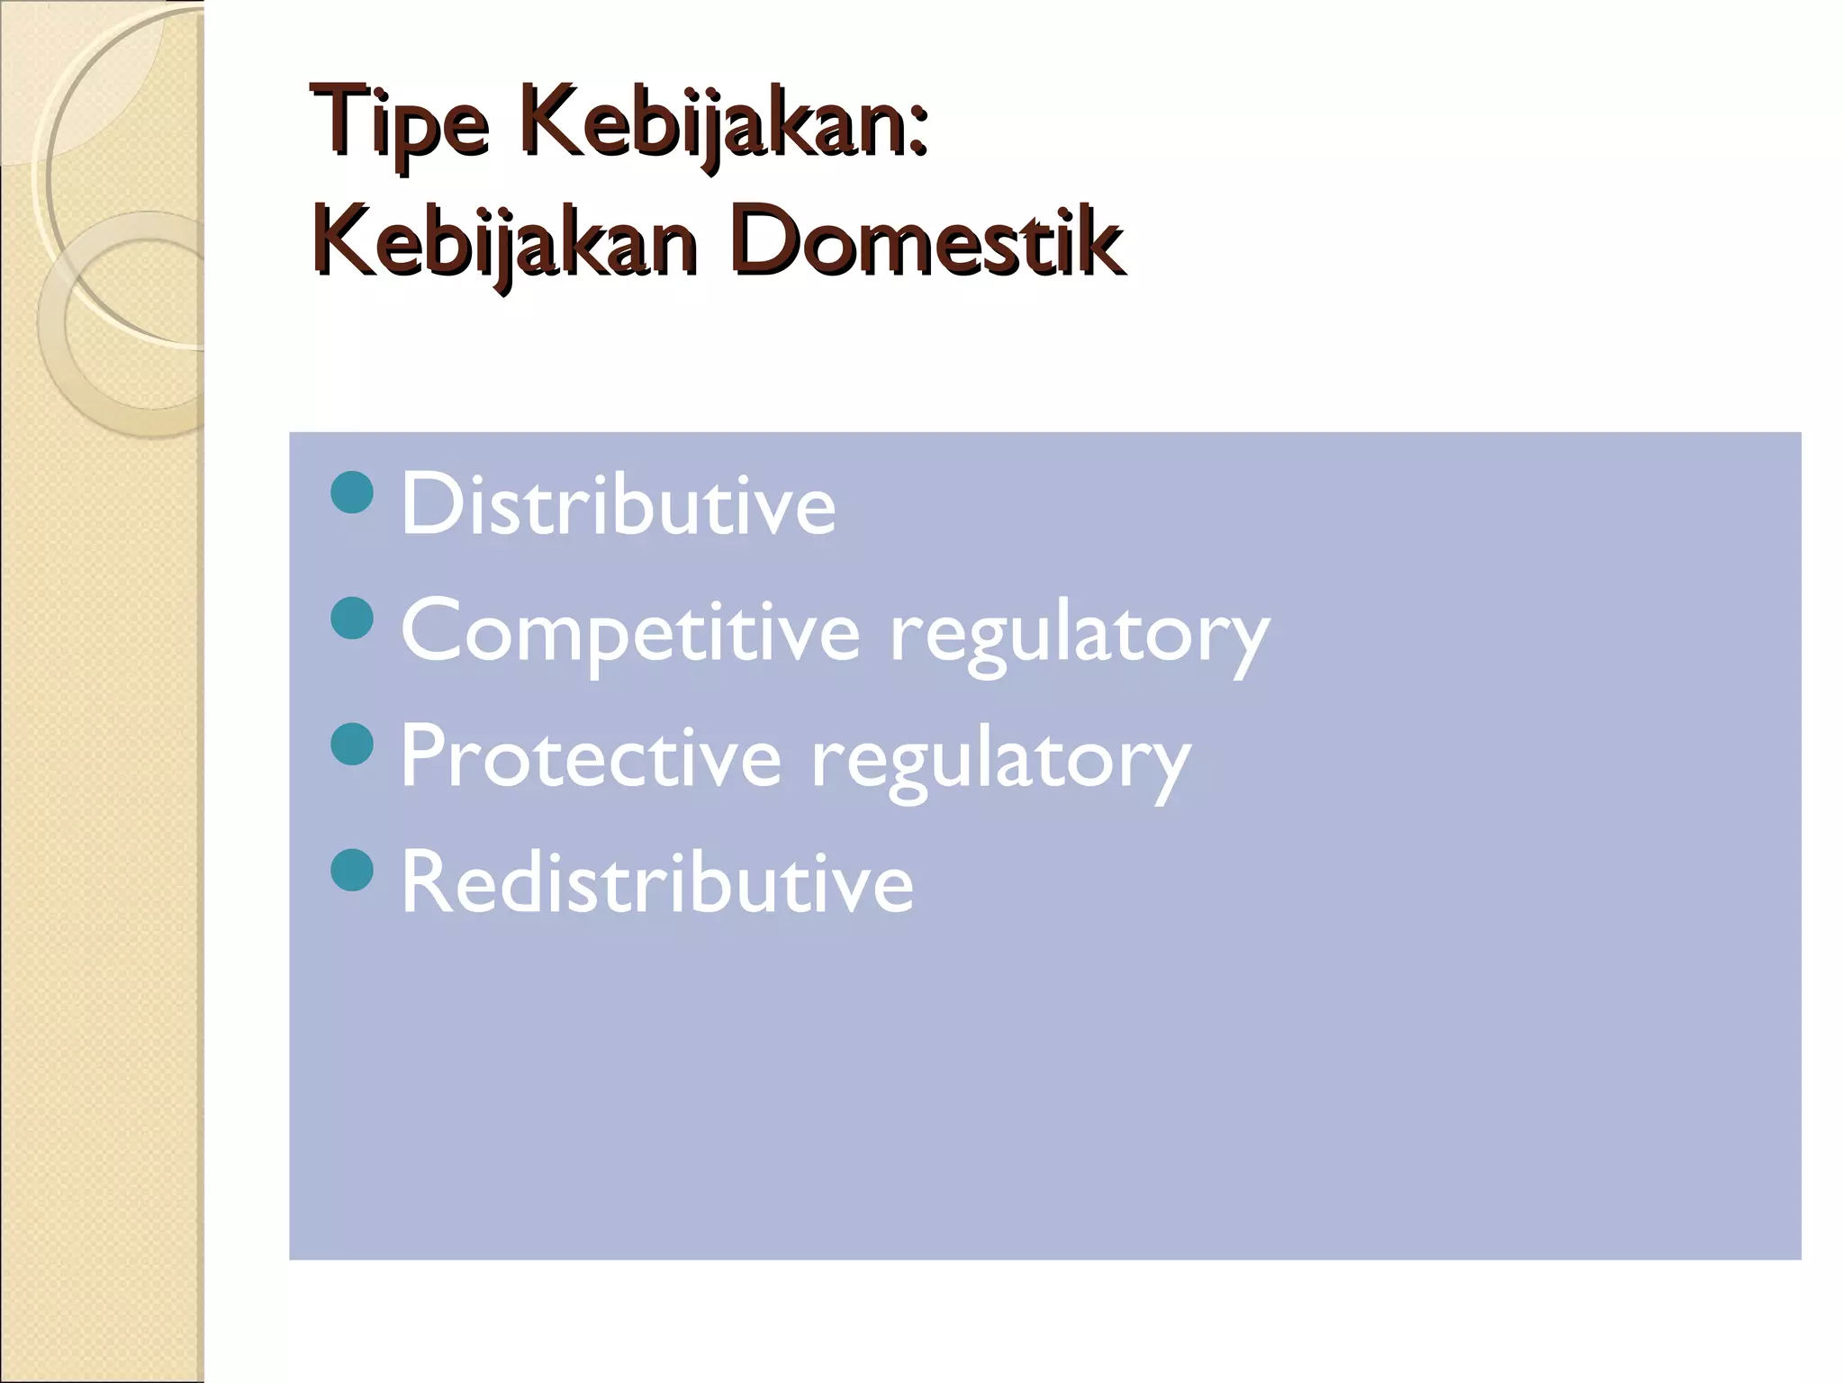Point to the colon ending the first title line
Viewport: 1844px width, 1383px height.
[x=916, y=135]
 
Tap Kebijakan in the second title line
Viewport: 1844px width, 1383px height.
[x=504, y=240]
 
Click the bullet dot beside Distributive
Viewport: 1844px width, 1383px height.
[x=352, y=493]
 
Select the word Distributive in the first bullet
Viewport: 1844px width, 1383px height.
[x=618, y=505]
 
